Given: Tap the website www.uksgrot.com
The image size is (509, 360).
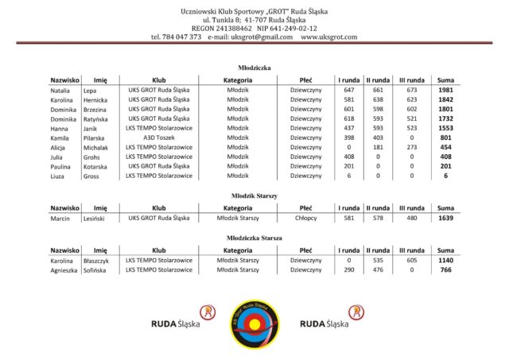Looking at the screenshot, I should pos(328,37).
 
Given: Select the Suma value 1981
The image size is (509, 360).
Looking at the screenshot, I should pos(445,91).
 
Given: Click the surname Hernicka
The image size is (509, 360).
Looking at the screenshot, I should pos(96,100).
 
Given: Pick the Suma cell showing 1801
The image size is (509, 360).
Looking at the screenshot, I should pos(445,109).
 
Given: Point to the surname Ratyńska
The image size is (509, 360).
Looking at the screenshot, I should pos(97,118).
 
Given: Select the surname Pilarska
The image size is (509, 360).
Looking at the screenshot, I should pos(95,137).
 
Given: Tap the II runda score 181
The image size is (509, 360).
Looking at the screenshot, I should pos(379,147).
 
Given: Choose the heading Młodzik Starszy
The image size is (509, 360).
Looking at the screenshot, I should pos(254,195).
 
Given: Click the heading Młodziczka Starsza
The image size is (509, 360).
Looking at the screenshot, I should pos(254,237).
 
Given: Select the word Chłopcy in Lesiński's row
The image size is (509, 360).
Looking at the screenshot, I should pos(306,218).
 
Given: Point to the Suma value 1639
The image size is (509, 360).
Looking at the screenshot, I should pos(445,218).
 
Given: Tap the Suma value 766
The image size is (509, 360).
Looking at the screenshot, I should pos(445,269).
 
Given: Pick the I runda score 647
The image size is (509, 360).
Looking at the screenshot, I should pos(348,91).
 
